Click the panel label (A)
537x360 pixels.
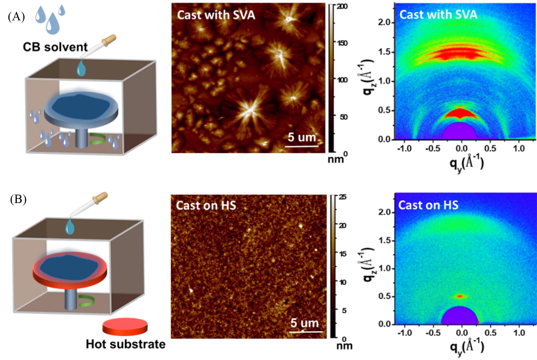click(x=16, y=17)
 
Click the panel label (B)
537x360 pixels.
click(x=18, y=200)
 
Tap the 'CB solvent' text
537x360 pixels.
click(x=55, y=47)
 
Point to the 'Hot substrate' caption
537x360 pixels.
click(x=126, y=344)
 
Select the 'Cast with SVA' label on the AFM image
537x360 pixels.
click(x=216, y=15)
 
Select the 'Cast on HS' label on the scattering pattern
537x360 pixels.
click(x=428, y=205)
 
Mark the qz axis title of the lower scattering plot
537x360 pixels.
click(x=368, y=264)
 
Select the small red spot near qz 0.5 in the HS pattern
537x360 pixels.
click(x=460, y=296)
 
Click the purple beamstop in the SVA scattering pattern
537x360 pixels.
click(x=459, y=132)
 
